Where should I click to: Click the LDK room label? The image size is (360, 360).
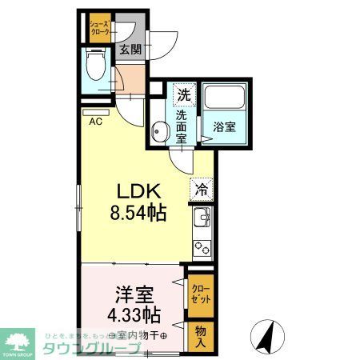(142, 192)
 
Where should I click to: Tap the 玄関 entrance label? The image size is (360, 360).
(130, 50)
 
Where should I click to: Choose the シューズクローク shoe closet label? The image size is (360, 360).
(100, 28)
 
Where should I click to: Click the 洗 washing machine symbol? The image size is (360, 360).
(183, 95)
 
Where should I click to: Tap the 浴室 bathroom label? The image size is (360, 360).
(223, 126)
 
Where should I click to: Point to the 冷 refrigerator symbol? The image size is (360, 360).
(202, 191)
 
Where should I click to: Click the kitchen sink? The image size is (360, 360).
(202, 218)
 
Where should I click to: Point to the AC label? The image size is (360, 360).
(95, 122)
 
